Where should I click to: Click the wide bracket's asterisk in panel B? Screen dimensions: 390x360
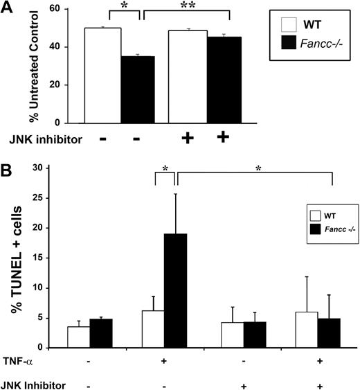point(255,187)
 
